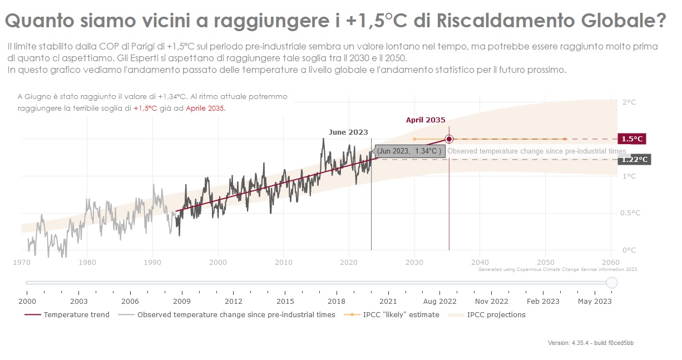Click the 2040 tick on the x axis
(480, 262)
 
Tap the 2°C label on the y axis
(629, 102)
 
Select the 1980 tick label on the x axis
(87, 262)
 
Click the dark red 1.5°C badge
(632, 139)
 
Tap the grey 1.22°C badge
(634, 160)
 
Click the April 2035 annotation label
(426, 120)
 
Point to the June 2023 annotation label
(348, 132)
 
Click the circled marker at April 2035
(449, 139)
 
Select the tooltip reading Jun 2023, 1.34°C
(409, 151)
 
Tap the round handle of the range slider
(611, 283)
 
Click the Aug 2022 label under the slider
(439, 301)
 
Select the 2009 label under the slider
(182, 301)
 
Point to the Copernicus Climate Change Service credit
(557, 269)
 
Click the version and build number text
(590, 343)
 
